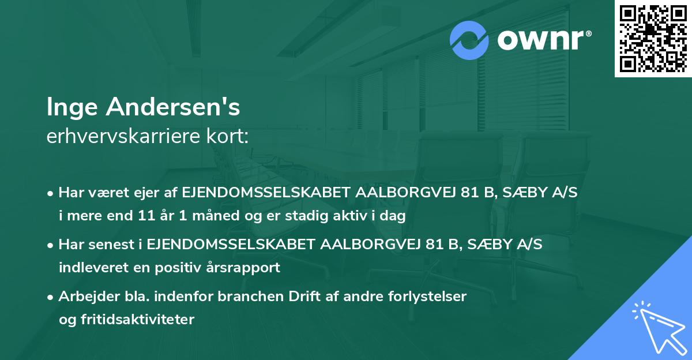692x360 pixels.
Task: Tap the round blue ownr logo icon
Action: coord(469,40)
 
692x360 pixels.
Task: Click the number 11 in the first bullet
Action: coord(156,216)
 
